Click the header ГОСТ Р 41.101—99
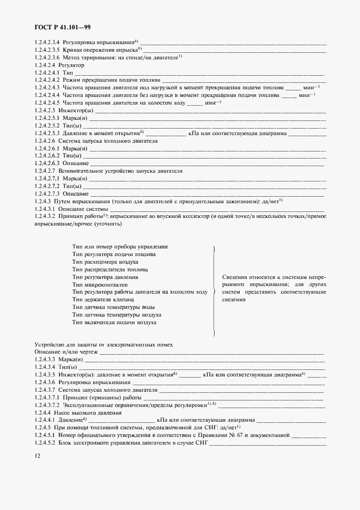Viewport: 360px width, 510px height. tap(63, 27)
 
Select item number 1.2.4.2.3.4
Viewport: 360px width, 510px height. tap(47, 42)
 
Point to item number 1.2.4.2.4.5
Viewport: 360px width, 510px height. tap(47, 102)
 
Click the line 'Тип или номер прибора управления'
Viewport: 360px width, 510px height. tap(120, 247)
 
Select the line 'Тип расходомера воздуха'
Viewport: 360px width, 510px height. tap(106, 262)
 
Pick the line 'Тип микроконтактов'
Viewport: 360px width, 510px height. tap(100, 284)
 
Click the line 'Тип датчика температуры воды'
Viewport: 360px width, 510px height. tap(112, 307)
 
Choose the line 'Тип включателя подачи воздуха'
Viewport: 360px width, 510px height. tap(114, 323)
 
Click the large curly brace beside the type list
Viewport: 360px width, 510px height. tap(214, 292)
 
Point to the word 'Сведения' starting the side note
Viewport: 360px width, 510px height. tap(234, 277)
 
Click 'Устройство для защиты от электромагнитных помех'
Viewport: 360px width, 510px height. tap(104, 345)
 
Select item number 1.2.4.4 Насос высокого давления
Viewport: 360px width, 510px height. tap(44, 412)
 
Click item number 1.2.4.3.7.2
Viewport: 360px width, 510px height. tap(47, 405)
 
